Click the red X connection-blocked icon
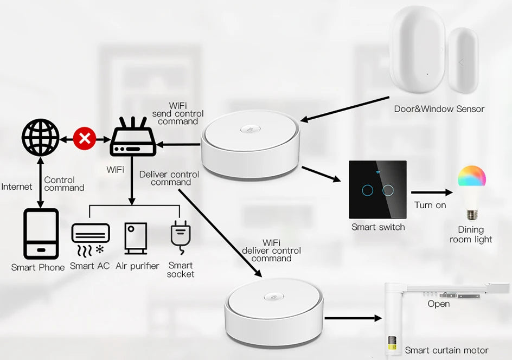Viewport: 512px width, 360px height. pos(84,138)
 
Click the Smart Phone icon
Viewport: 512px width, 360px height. pos(41,234)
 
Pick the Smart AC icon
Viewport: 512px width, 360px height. pos(90,239)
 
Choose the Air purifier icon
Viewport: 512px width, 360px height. pos(135,239)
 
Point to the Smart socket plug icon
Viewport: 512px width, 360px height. pos(180,237)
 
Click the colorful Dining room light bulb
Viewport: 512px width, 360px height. pos(471,193)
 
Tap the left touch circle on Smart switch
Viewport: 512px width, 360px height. pos(369,190)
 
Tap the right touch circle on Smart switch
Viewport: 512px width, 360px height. pos(387,190)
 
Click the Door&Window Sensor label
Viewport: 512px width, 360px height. pos(439,109)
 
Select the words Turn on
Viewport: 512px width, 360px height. pos(430,205)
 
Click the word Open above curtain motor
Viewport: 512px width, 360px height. pos(438,304)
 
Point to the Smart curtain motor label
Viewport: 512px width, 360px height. pos(446,350)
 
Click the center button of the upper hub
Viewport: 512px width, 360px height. pos(250,130)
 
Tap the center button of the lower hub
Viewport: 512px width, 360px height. pos(274,297)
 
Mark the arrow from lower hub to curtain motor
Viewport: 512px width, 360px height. pos(353,318)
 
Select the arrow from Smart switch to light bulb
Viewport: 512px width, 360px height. pos(431,192)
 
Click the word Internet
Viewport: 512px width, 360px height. pos(17,187)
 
